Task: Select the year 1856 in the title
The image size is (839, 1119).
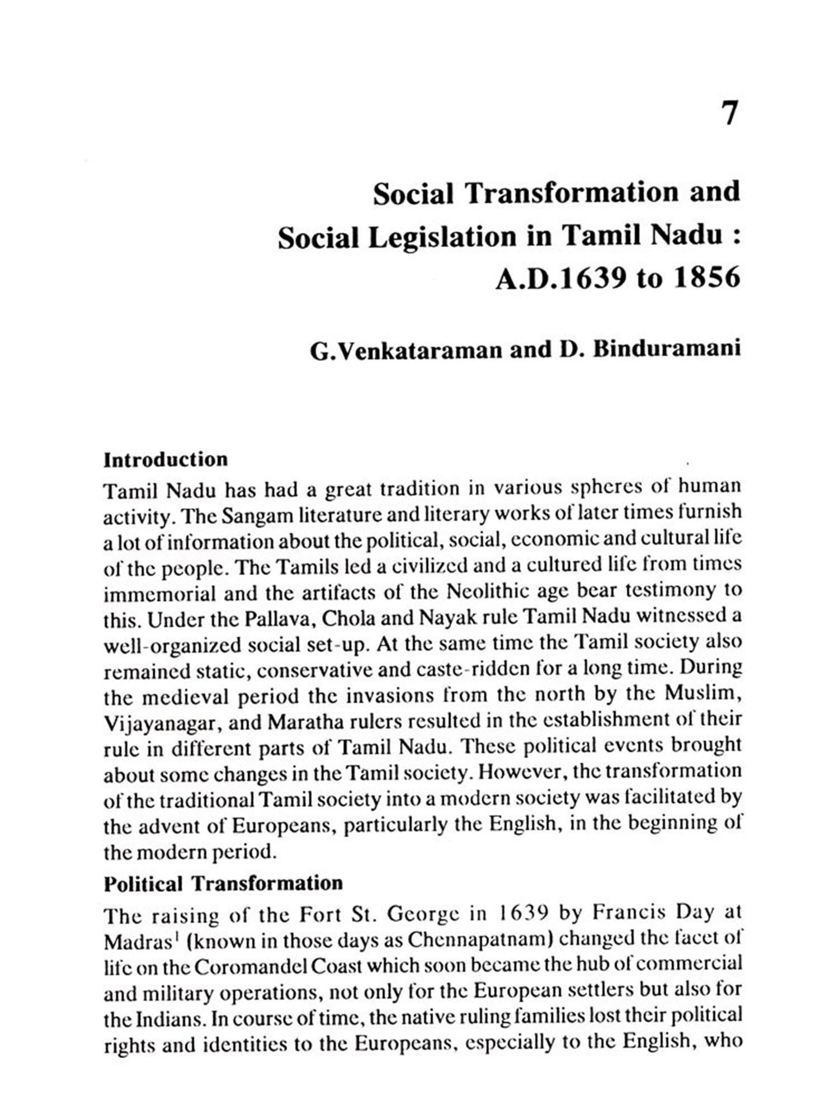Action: tap(707, 278)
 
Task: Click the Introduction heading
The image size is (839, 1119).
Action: tap(166, 460)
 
